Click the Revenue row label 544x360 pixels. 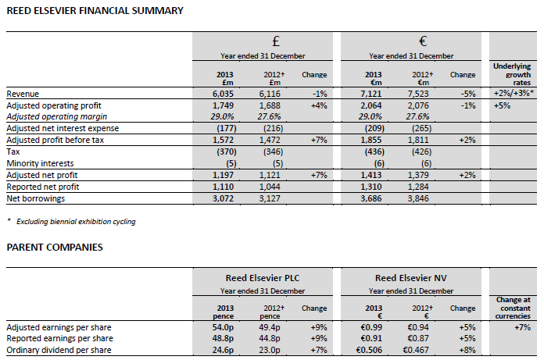tap(23, 93)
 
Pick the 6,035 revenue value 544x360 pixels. tap(223, 93)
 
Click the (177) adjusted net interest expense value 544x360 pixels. tap(224, 127)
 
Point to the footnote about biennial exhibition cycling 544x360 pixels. tap(74, 222)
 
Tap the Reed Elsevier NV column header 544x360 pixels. tap(410, 279)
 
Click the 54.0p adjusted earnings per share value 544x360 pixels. tap(222, 326)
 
